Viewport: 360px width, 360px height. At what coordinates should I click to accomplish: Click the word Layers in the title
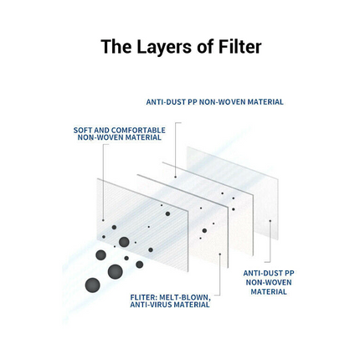[164, 47]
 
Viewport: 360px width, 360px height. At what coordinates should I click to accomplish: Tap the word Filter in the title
[239, 46]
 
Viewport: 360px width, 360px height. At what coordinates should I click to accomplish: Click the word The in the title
[116, 46]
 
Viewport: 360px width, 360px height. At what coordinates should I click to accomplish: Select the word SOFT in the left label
[83, 131]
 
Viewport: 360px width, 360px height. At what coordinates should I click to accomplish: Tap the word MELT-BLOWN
[185, 297]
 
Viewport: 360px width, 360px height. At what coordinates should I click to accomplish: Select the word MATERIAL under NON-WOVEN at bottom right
[269, 292]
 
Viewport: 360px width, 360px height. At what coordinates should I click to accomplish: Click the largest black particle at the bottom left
[92, 285]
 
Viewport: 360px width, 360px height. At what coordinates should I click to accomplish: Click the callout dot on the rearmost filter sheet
[270, 221]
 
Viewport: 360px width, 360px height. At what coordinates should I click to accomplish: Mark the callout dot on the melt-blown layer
[220, 254]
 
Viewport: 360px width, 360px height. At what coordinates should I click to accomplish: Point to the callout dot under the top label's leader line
[176, 177]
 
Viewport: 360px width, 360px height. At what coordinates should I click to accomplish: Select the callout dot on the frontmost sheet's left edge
[103, 220]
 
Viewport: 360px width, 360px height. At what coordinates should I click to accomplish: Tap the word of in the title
[205, 47]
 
